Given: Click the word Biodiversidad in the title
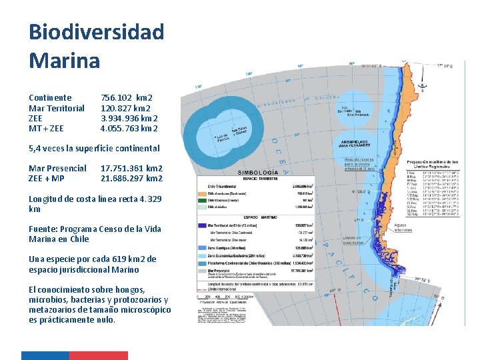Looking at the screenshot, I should [x=96, y=31].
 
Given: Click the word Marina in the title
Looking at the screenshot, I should [x=64, y=61].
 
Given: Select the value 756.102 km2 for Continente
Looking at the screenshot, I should [x=127, y=97].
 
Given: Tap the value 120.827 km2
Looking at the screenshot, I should [x=125, y=108].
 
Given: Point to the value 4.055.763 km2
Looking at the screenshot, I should [x=129, y=128].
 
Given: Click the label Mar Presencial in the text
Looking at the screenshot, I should [x=57, y=168].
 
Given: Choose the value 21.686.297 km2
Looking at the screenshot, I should [x=131, y=178].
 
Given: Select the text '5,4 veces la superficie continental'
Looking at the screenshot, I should [x=94, y=148].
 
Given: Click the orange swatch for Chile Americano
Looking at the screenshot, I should [x=203, y=193].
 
